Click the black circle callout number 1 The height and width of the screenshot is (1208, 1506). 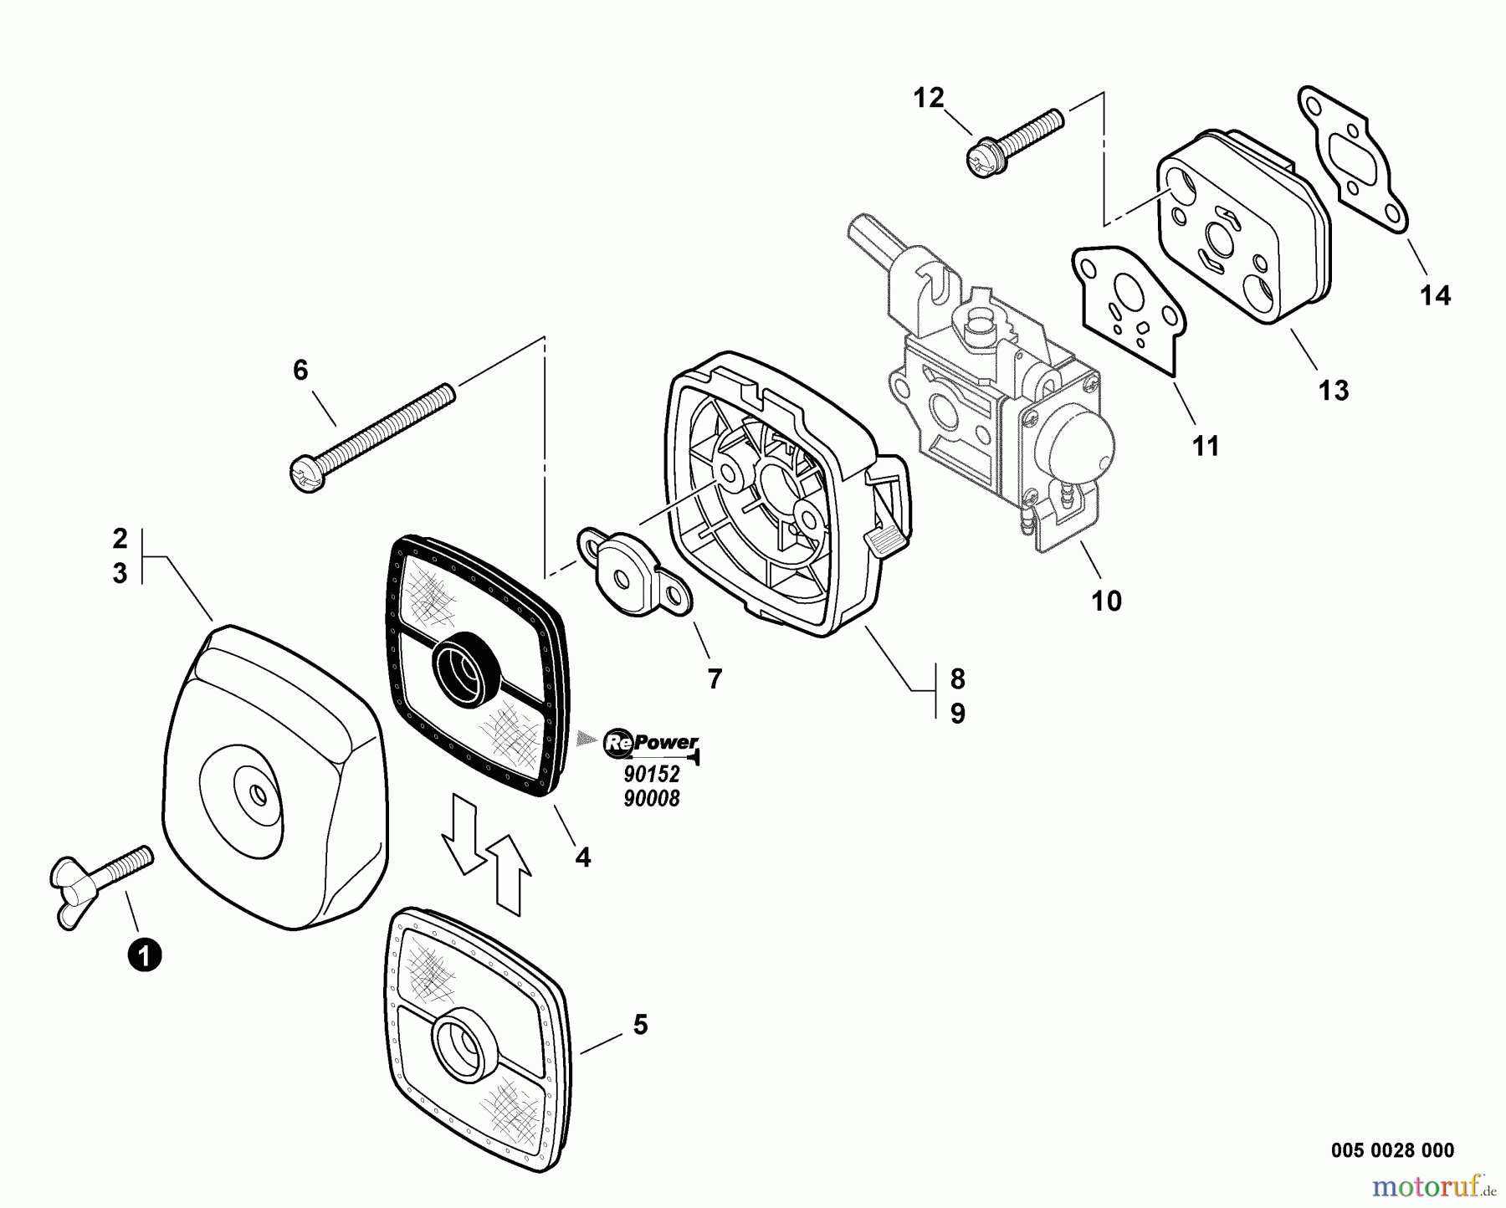(x=144, y=954)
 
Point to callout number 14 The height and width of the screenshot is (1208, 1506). (x=1436, y=295)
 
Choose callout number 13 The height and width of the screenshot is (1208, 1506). (x=1334, y=390)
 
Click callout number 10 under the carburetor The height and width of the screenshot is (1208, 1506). (x=1106, y=601)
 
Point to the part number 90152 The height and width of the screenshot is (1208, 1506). (x=652, y=775)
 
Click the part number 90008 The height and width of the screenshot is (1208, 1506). (x=652, y=799)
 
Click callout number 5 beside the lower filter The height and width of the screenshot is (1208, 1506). (x=640, y=1025)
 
